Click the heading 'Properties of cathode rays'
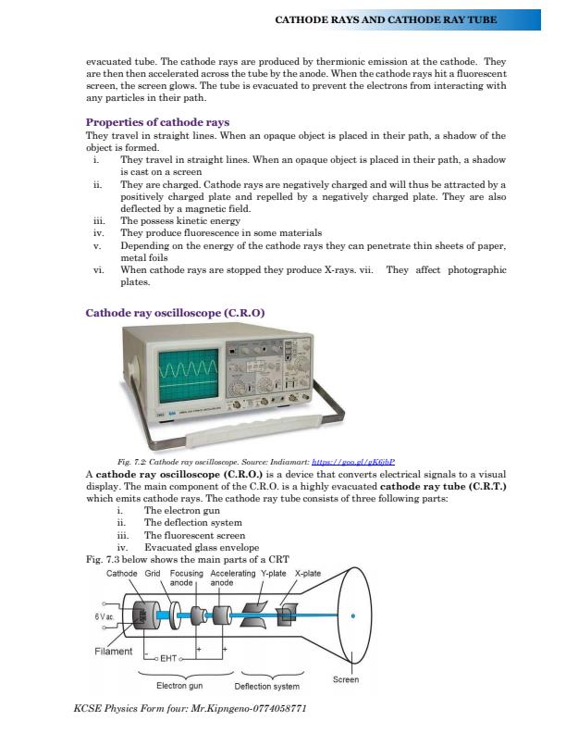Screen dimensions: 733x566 point(157,122)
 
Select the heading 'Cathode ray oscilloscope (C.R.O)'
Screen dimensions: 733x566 point(175,313)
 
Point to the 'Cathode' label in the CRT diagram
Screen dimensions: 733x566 point(122,574)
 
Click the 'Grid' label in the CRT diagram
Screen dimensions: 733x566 point(154,574)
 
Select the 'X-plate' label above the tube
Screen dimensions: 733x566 point(307,574)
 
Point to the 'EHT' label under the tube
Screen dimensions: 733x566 point(167,659)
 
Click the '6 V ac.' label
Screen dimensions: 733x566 point(103,615)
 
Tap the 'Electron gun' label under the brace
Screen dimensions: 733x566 point(179,687)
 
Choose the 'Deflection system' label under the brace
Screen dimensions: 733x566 point(266,687)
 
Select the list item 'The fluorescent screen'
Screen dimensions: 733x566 point(194,534)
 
